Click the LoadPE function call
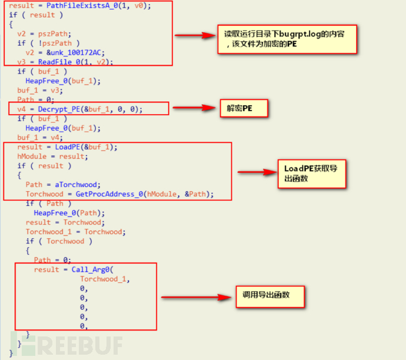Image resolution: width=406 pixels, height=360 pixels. coord(59,147)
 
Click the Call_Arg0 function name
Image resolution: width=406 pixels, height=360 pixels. coord(91,269)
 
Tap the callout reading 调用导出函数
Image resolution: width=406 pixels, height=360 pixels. coord(271,294)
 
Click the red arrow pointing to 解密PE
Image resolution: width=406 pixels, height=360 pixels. coord(194,108)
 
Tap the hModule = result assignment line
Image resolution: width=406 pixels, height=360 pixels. coord(51,156)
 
